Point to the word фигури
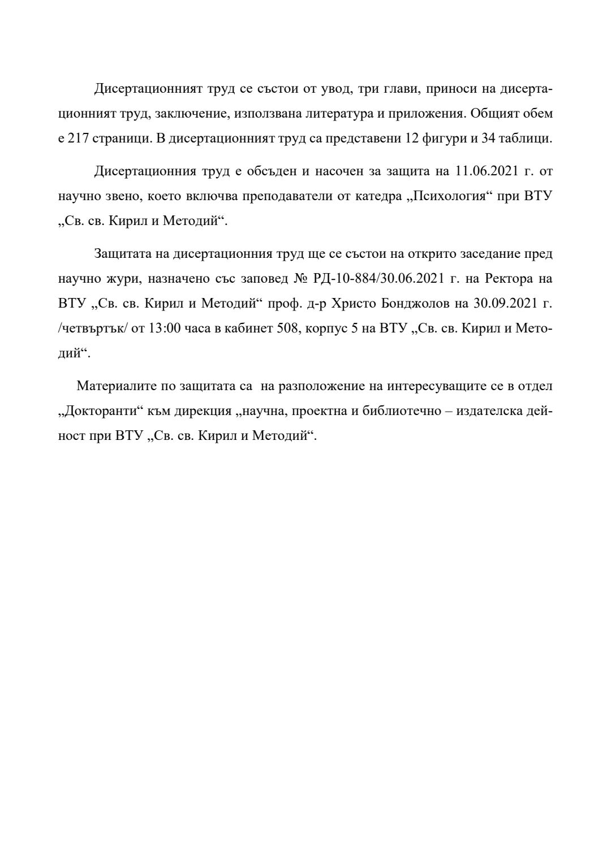click(x=444, y=139)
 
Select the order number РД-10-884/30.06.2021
click(x=378, y=278)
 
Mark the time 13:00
click(x=164, y=328)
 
